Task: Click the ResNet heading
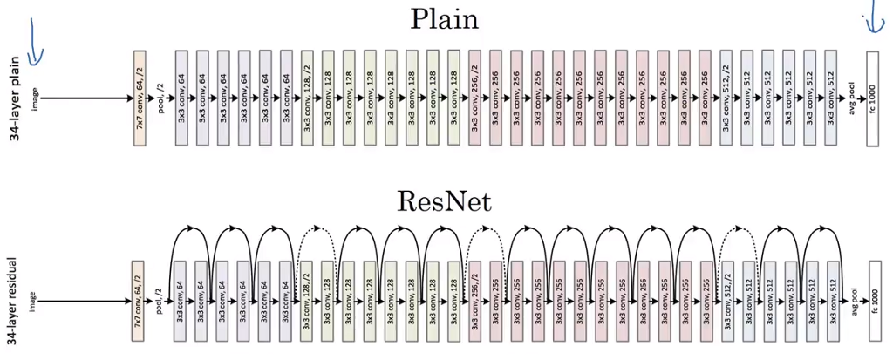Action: pyautogui.click(x=444, y=202)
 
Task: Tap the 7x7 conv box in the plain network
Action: pyautogui.click(x=139, y=98)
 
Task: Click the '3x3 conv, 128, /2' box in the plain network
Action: pyautogui.click(x=307, y=98)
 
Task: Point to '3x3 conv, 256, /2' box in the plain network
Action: pyautogui.click(x=475, y=98)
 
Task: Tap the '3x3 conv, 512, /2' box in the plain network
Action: pyautogui.click(x=727, y=98)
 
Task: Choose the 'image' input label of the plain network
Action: pyautogui.click(x=36, y=98)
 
